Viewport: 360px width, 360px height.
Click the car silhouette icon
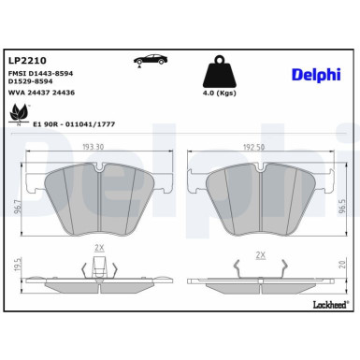pos(150,60)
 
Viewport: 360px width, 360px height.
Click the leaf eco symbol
pos(18,114)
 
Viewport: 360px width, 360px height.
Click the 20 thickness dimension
pos(344,268)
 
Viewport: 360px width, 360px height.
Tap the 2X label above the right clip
pos(260,254)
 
